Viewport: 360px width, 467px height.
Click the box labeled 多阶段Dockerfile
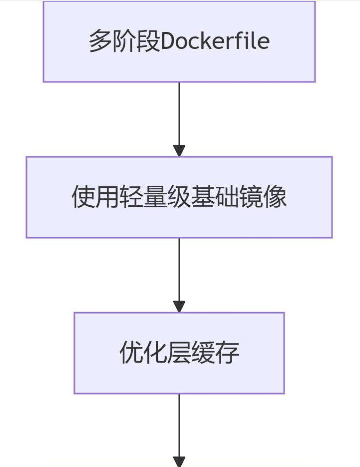[x=179, y=41]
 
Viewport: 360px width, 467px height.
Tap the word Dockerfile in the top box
[x=215, y=41]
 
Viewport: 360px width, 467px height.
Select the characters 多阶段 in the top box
[x=125, y=41]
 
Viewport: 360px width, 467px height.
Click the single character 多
[x=101, y=41]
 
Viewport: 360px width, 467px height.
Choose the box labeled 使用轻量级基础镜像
[x=179, y=197]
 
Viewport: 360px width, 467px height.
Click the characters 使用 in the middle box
[x=95, y=197]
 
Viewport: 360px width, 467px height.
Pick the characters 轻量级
[x=155, y=197]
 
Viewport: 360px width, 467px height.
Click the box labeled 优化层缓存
[x=179, y=353]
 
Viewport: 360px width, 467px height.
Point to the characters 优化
[x=143, y=353]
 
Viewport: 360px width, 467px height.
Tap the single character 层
[x=179, y=353]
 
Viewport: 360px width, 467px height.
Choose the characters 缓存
[x=215, y=353]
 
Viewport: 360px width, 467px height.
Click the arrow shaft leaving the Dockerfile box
[x=179, y=114]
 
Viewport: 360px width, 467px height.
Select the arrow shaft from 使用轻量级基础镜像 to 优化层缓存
[x=179, y=270]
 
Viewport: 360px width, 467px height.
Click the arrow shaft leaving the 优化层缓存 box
[x=179, y=426]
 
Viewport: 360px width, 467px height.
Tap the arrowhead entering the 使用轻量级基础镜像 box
[x=179, y=151]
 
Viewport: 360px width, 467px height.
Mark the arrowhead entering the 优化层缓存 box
[x=179, y=307]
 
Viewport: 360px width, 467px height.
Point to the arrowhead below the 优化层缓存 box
[x=179, y=462]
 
